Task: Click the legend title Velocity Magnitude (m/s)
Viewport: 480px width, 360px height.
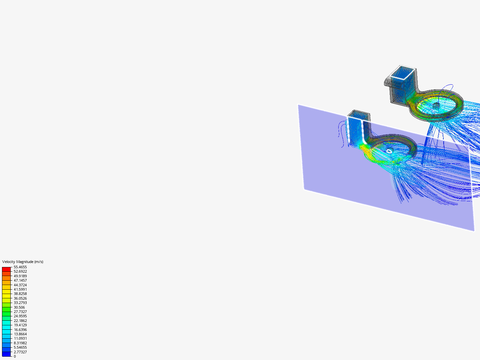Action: (23, 262)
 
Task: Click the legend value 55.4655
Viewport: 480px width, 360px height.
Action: (20, 267)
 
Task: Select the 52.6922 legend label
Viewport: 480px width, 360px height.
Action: (20, 271)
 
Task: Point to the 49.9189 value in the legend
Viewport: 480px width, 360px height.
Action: (20, 276)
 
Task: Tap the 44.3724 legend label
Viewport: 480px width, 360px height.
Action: (20, 285)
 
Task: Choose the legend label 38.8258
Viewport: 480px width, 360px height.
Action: (20, 294)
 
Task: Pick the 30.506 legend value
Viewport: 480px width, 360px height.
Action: (19, 307)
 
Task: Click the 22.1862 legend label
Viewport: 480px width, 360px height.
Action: (20, 321)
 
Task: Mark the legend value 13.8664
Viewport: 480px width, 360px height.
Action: (20, 334)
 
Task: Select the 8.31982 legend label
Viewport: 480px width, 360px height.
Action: (20, 343)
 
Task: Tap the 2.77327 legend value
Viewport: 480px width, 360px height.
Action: (20, 352)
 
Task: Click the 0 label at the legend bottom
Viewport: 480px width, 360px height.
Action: (15, 356)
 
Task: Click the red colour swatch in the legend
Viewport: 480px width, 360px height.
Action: (6, 269)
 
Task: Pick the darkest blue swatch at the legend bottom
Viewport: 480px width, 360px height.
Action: (6, 354)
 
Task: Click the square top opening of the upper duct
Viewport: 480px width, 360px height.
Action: (403, 72)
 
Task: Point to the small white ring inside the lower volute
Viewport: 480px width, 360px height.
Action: (389, 151)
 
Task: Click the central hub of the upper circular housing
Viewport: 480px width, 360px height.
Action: (436, 105)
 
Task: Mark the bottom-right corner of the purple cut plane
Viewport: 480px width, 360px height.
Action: (474, 230)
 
